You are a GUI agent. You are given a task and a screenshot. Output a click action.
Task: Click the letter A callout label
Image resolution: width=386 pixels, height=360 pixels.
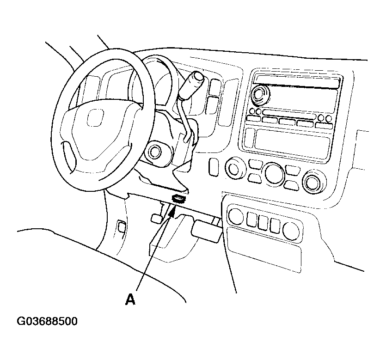(x=130, y=300)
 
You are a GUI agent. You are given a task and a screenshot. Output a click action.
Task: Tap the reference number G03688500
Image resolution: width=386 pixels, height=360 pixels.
(x=47, y=321)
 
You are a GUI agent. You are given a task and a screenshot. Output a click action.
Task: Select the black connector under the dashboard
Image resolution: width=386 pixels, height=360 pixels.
(x=179, y=198)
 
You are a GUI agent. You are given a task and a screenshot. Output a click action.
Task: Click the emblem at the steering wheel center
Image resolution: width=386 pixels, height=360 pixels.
(x=95, y=118)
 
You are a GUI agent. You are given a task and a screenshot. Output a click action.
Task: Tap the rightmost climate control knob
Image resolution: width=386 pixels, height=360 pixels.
(x=314, y=182)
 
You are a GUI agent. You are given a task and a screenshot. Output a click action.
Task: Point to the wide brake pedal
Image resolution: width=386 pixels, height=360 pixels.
(x=206, y=231)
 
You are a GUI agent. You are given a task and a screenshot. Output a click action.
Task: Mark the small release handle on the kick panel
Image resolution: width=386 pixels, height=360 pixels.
(x=122, y=226)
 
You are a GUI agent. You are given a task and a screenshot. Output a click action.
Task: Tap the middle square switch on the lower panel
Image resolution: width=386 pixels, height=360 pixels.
(x=263, y=223)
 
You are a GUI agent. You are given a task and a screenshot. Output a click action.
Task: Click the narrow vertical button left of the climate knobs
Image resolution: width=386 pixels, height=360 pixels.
(x=214, y=167)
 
